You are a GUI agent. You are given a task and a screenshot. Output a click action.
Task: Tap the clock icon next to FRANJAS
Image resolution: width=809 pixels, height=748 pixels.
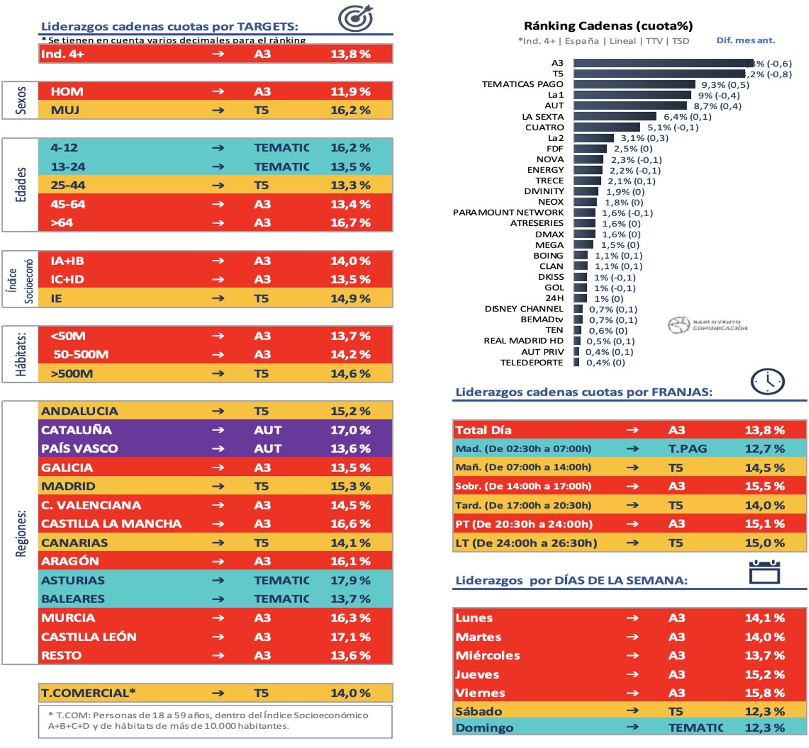tap(767, 382)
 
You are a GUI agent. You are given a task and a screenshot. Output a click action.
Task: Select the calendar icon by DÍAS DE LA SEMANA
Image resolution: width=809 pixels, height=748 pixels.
tap(764, 572)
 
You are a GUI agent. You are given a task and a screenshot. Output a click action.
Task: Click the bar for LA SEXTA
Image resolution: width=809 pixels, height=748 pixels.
tap(614, 116)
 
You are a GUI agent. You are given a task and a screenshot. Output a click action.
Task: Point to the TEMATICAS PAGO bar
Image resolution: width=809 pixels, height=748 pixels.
tap(634, 85)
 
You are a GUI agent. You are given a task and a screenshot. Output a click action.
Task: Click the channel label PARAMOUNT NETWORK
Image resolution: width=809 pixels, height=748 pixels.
tap(508, 212)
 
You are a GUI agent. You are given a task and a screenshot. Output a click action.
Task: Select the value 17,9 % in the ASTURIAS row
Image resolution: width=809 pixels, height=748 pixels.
tap(350, 580)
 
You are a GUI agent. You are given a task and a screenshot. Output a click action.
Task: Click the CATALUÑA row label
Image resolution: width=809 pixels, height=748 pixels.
tap(77, 430)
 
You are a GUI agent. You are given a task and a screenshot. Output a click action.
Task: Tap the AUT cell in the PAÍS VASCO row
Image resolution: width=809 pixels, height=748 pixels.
tap(268, 448)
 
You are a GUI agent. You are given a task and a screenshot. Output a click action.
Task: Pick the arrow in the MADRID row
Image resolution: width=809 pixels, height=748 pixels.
tap(218, 486)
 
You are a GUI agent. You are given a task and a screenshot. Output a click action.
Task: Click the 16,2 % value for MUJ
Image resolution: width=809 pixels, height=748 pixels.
tap(350, 110)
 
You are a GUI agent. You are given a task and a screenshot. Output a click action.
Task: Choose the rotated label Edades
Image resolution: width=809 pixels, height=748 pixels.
tap(20, 185)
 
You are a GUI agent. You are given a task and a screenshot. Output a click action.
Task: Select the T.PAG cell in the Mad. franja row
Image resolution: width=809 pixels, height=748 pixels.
tap(687, 448)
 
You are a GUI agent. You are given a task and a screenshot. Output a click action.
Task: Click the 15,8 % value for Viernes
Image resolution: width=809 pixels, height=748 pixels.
tap(764, 693)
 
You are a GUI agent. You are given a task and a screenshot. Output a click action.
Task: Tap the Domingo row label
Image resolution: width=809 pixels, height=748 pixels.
tap(484, 728)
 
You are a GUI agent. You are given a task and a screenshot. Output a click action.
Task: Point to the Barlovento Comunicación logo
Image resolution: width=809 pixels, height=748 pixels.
tap(707, 324)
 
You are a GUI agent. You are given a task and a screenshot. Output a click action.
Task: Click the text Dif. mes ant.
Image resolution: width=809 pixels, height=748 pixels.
tap(745, 40)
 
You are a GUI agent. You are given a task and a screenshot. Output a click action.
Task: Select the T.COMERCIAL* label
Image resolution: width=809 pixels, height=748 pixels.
tap(88, 693)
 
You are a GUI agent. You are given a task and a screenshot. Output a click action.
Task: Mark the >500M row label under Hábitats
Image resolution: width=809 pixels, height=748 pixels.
tap(72, 373)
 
